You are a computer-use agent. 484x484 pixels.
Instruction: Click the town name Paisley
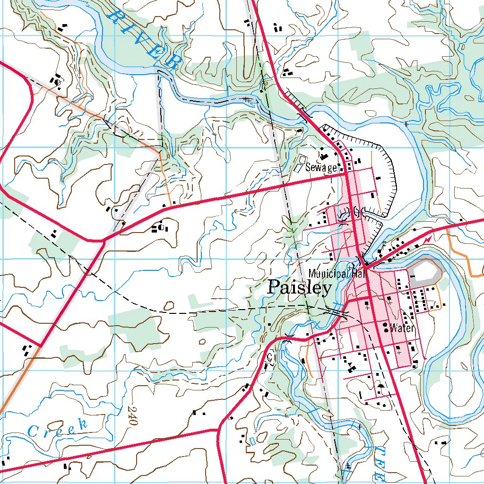pos(300,287)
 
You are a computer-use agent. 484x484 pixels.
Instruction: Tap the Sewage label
pos(321,167)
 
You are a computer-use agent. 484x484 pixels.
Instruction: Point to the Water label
pos(402,328)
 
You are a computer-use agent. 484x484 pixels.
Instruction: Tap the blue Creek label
pos(58,428)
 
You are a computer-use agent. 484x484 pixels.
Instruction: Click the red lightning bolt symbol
pos(428,240)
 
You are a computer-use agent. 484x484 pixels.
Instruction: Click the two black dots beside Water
pos(386,328)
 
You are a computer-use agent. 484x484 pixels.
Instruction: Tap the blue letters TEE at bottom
pos(378,463)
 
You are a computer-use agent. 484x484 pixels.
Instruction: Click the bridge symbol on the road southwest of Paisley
pos(288,337)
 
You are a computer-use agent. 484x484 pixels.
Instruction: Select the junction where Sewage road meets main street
pos(346,174)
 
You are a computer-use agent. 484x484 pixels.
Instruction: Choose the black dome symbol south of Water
pos(380,385)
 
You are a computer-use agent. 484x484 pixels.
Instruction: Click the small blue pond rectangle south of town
pos(251,440)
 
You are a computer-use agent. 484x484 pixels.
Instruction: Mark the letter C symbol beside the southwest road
pos(269,357)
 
